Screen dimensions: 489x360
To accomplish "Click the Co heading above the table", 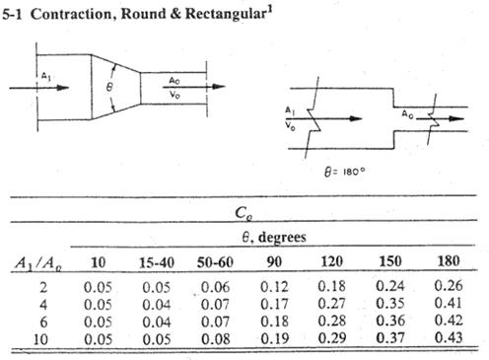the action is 248,211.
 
